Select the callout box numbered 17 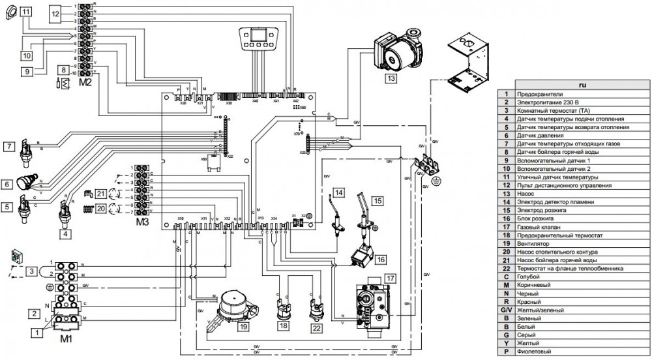click(x=390, y=278)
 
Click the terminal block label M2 click(x=85, y=83)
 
